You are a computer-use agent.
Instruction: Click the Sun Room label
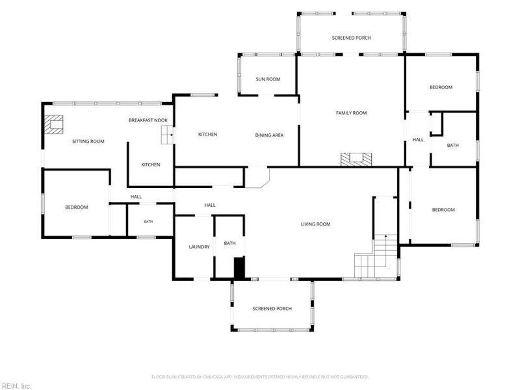[x=268, y=79]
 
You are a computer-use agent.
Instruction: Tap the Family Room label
[x=351, y=113]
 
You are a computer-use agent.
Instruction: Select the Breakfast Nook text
[x=148, y=120]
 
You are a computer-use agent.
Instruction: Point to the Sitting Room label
[x=88, y=141]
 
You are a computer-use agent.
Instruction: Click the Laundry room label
[x=199, y=247]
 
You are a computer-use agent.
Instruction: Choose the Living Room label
[x=315, y=224]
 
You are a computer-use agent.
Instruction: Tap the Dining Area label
[x=269, y=135]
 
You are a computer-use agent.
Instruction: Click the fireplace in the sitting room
[x=54, y=124]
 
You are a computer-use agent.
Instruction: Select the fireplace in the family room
[x=356, y=159]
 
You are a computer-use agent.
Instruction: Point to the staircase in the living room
[x=376, y=255]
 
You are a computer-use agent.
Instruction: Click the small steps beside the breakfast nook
[x=168, y=135]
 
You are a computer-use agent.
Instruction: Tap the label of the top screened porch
[x=351, y=38]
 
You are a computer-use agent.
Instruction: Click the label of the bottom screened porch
[x=272, y=309]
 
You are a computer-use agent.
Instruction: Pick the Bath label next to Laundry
[x=229, y=243]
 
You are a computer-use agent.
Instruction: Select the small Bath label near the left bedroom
[x=148, y=222]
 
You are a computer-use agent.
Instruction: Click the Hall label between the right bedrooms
[x=418, y=140]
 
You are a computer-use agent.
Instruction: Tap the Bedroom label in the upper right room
[x=441, y=87]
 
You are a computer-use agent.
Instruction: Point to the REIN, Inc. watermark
[x=16, y=386]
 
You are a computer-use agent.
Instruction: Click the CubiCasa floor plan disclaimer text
[x=260, y=377]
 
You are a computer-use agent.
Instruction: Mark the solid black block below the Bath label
[x=239, y=268]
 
